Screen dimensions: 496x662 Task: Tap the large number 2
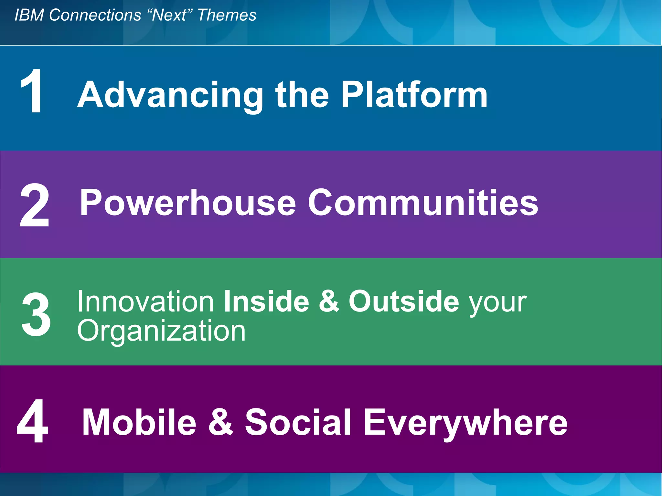point(34,206)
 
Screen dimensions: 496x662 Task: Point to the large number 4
point(33,421)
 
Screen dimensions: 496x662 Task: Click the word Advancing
point(170,95)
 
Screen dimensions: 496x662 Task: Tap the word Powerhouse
point(187,203)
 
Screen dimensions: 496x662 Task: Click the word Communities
point(423,203)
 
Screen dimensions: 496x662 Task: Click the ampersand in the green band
point(329,301)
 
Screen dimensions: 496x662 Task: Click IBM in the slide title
point(29,15)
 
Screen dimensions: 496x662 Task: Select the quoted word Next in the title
point(169,15)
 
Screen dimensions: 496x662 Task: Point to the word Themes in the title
point(227,15)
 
